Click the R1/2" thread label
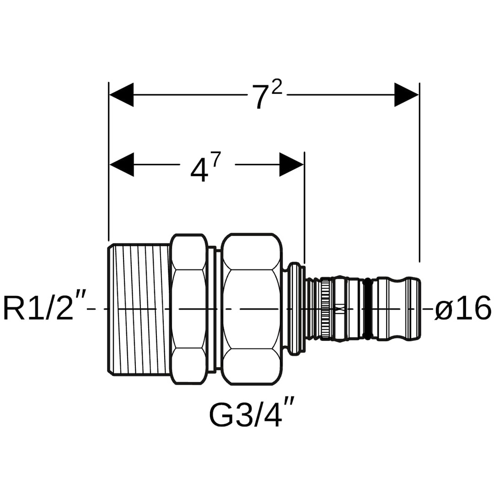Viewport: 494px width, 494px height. [39, 308]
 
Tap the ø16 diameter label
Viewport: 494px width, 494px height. [462, 308]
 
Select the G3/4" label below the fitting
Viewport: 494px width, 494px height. [251, 414]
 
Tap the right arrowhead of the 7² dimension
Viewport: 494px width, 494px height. [407, 95]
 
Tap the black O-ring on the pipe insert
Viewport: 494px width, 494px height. [366, 309]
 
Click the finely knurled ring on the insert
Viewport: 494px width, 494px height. [325, 309]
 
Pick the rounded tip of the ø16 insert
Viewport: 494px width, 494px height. [414, 309]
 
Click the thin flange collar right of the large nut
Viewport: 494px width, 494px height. [295, 309]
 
